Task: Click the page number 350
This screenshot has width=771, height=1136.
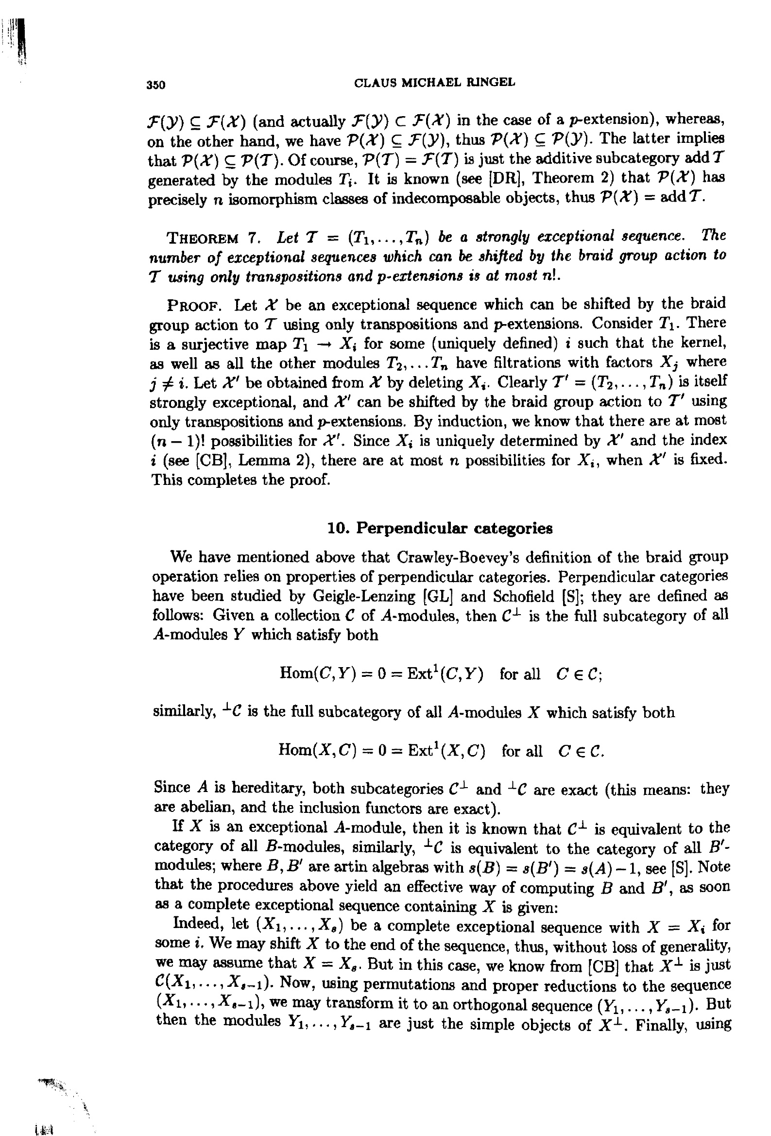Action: click(156, 85)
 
